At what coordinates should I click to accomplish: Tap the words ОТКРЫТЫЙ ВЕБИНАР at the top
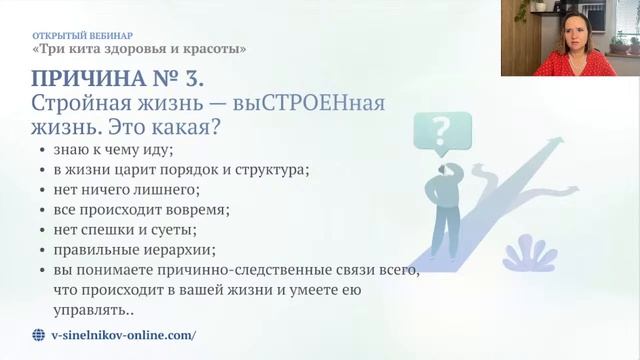click(x=75, y=33)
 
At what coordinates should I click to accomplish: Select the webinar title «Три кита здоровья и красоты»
click(x=138, y=48)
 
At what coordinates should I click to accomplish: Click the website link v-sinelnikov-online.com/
click(x=123, y=336)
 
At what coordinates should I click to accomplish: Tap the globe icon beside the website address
click(x=39, y=336)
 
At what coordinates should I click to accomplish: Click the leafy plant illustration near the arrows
click(x=529, y=253)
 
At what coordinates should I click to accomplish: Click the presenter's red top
click(x=565, y=66)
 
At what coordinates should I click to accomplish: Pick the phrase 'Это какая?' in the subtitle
click(x=181, y=127)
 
